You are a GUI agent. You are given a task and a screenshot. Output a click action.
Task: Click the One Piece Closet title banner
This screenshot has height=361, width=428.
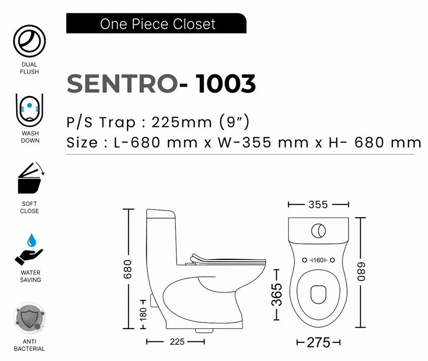(156, 23)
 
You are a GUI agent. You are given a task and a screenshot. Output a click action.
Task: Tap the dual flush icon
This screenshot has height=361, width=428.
(29, 41)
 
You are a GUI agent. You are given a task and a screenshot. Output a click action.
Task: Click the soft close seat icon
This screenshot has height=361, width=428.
(30, 178)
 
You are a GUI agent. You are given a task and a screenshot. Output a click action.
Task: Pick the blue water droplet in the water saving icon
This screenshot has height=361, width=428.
(32, 240)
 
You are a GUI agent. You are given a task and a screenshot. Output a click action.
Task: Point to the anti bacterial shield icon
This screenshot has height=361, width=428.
(29, 318)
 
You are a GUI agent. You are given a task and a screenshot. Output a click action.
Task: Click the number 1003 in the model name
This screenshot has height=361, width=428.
(226, 84)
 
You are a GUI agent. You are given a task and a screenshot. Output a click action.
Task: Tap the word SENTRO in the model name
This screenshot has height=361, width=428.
(122, 84)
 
